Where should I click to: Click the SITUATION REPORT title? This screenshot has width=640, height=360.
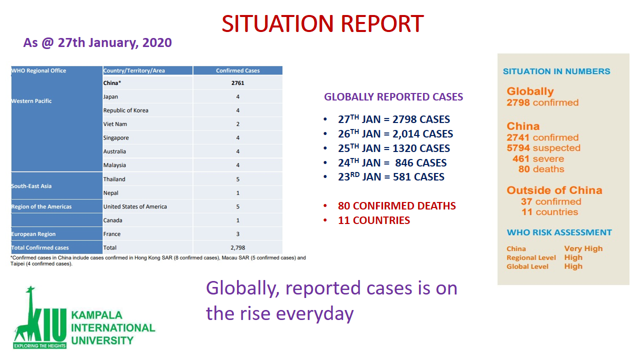point(322,23)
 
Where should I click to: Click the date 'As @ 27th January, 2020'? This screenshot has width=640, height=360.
point(97,43)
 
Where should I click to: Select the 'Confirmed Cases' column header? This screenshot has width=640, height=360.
point(237,70)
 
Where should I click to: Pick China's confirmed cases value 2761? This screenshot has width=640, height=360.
point(237,83)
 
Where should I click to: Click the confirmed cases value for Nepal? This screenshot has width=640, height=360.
point(237,193)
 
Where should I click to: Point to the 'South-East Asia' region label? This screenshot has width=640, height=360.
point(31,186)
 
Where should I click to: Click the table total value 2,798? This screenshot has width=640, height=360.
point(237,247)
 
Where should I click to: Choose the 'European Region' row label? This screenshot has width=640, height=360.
point(33,234)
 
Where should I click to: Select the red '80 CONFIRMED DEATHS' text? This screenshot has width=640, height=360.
point(397,205)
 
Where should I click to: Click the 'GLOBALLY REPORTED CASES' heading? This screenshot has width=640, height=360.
point(393,97)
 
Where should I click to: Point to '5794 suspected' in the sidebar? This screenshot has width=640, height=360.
point(543,148)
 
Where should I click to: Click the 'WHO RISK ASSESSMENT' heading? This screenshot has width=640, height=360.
point(559,232)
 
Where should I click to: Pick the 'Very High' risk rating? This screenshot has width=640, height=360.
point(583,248)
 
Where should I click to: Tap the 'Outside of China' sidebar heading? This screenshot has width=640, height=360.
point(554,190)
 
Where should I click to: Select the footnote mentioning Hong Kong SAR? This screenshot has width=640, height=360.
point(158,260)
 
